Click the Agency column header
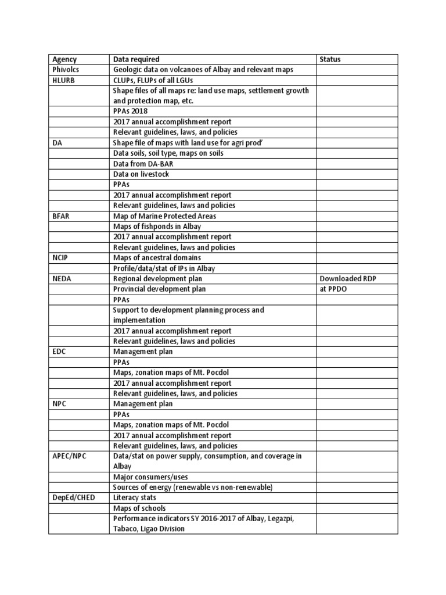[64, 59]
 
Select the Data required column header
[136, 59]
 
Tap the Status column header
[330, 59]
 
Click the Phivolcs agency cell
[66, 70]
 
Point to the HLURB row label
[63, 80]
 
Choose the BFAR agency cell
[61, 216]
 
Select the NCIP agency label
[61, 258]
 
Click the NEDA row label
[62, 279]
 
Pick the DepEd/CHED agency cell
[73, 498]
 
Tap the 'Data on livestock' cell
[141, 174]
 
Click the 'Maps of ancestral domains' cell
[157, 258]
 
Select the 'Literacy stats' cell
[134, 498]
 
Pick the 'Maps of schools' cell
[136, 508]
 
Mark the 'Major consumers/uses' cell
[149, 477]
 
